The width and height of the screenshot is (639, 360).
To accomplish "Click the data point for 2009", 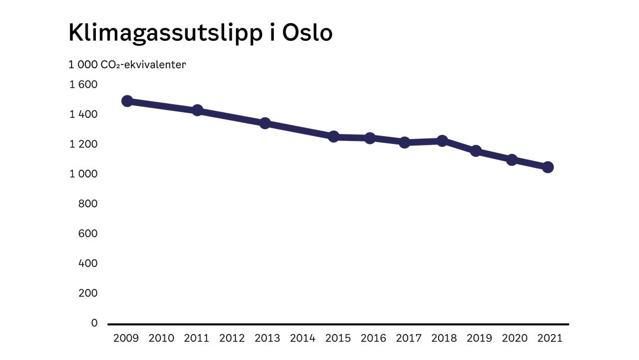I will point(127,101).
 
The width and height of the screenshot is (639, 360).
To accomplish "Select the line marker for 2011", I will point(198,111).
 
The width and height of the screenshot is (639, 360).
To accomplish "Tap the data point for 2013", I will point(265,123).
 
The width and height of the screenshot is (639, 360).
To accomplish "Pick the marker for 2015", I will point(334,137).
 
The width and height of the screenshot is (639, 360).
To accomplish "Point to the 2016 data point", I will point(370,138).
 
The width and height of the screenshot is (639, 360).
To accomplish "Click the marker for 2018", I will point(442,141).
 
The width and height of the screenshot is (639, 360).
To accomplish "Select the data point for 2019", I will point(476,151).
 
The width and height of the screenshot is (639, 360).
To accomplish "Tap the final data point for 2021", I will point(548,167).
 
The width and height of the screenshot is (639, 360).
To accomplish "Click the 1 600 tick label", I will point(83,85).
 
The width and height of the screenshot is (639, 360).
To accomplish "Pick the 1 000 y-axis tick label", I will point(83,174).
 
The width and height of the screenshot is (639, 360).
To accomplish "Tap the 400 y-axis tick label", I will point(88,263).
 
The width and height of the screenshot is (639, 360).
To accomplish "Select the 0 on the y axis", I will point(94,323).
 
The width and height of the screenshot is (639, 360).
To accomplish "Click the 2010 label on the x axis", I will point(161,339).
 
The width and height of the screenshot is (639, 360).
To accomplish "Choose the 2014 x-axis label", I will point(303,339).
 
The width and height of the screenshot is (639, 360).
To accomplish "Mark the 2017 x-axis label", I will point(409,339).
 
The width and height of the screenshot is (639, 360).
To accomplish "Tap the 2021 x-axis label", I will point(550,339).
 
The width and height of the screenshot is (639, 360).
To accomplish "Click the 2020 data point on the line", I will point(512,160).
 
